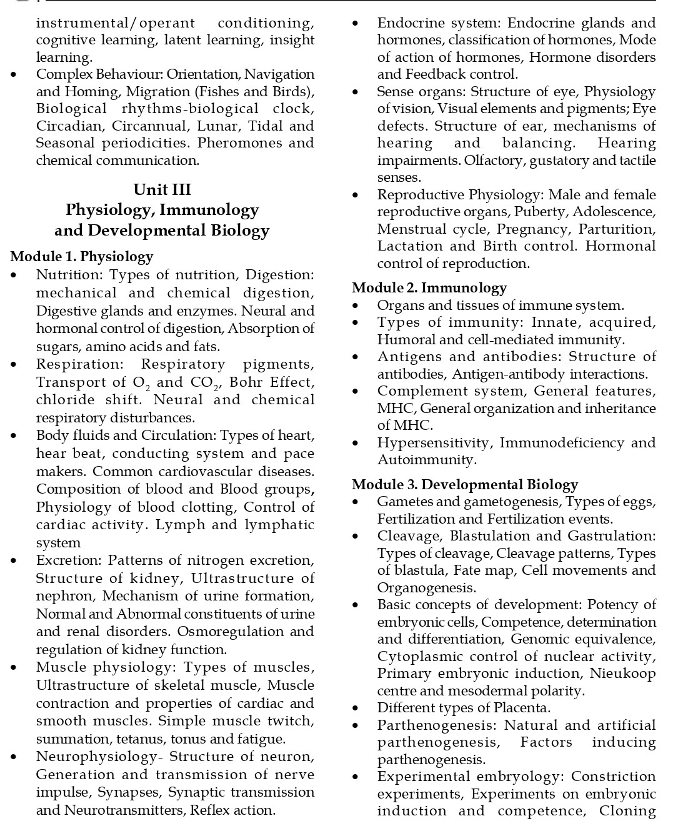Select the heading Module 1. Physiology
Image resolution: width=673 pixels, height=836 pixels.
pos(82,256)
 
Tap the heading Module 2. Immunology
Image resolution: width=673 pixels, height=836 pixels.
pos(429,287)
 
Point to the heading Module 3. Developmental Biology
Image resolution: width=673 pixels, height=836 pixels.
pos(465,484)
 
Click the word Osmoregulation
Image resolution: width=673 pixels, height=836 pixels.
pos(231,631)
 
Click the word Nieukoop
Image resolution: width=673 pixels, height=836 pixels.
pos(622,673)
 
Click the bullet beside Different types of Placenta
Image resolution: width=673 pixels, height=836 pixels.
pos(356,709)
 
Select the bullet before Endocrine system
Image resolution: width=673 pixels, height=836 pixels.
pos(356,24)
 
